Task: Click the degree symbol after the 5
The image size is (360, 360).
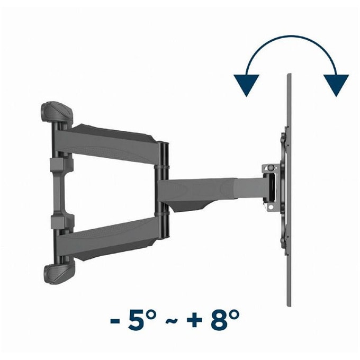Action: [152, 315]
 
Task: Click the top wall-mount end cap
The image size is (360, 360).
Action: [57, 112]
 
